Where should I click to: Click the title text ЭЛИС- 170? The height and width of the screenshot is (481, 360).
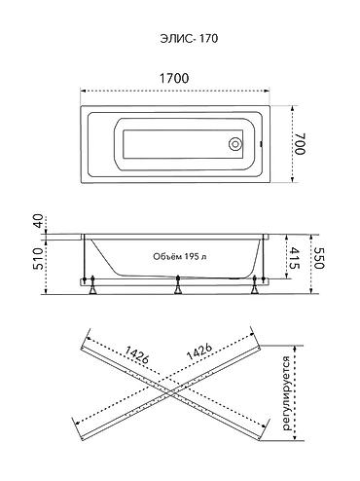(189, 39)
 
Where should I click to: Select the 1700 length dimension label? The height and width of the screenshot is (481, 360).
(174, 79)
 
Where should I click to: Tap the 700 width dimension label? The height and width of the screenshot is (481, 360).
(300, 143)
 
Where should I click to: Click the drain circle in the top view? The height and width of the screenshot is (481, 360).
(235, 144)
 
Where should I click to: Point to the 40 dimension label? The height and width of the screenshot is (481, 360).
(39, 221)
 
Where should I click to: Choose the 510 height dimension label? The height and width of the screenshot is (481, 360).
(38, 258)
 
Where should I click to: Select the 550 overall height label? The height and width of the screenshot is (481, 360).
(318, 258)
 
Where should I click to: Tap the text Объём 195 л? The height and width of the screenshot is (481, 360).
(180, 256)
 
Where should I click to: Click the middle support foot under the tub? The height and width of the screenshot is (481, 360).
(177, 285)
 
